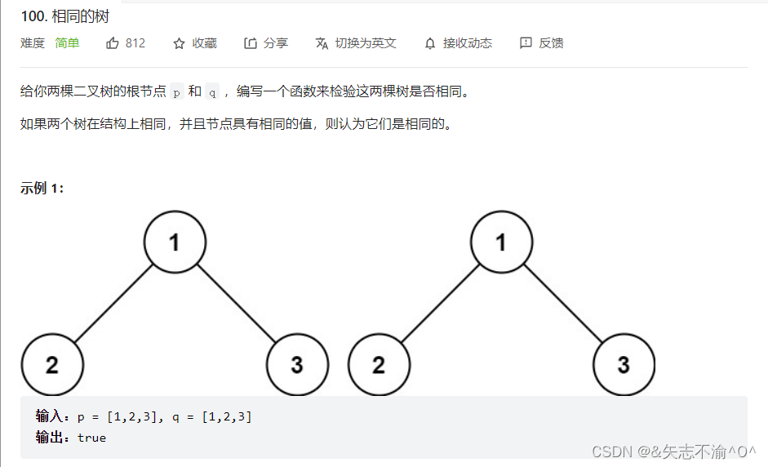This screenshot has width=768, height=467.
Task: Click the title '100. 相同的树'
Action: click(x=65, y=16)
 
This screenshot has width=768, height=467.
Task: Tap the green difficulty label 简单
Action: click(x=67, y=43)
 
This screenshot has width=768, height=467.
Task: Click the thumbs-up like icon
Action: click(x=113, y=43)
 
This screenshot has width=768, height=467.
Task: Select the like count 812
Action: click(x=135, y=43)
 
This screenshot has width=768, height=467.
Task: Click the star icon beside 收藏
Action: click(x=180, y=43)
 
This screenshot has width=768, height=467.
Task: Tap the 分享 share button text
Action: click(x=276, y=43)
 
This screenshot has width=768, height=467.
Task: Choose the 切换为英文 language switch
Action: click(x=366, y=43)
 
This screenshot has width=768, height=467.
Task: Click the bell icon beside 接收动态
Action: click(x=430, y=43)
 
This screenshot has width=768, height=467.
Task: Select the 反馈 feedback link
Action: click(x=551, y=43)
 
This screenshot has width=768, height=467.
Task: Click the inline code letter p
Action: click(x=177, y=91)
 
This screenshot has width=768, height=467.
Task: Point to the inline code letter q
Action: click(x=212, y=91)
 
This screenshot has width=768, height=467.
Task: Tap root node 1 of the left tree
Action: click(x=175, y=242)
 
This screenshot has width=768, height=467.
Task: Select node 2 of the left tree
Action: click(x=52, y=364)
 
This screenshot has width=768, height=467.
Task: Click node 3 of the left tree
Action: click(x=297, y=364)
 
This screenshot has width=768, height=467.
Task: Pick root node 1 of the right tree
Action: click(x=501, y=242)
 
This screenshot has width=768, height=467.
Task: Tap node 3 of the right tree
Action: click(x=624, y=364)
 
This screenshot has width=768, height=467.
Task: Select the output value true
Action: click(x=91, y=438)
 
